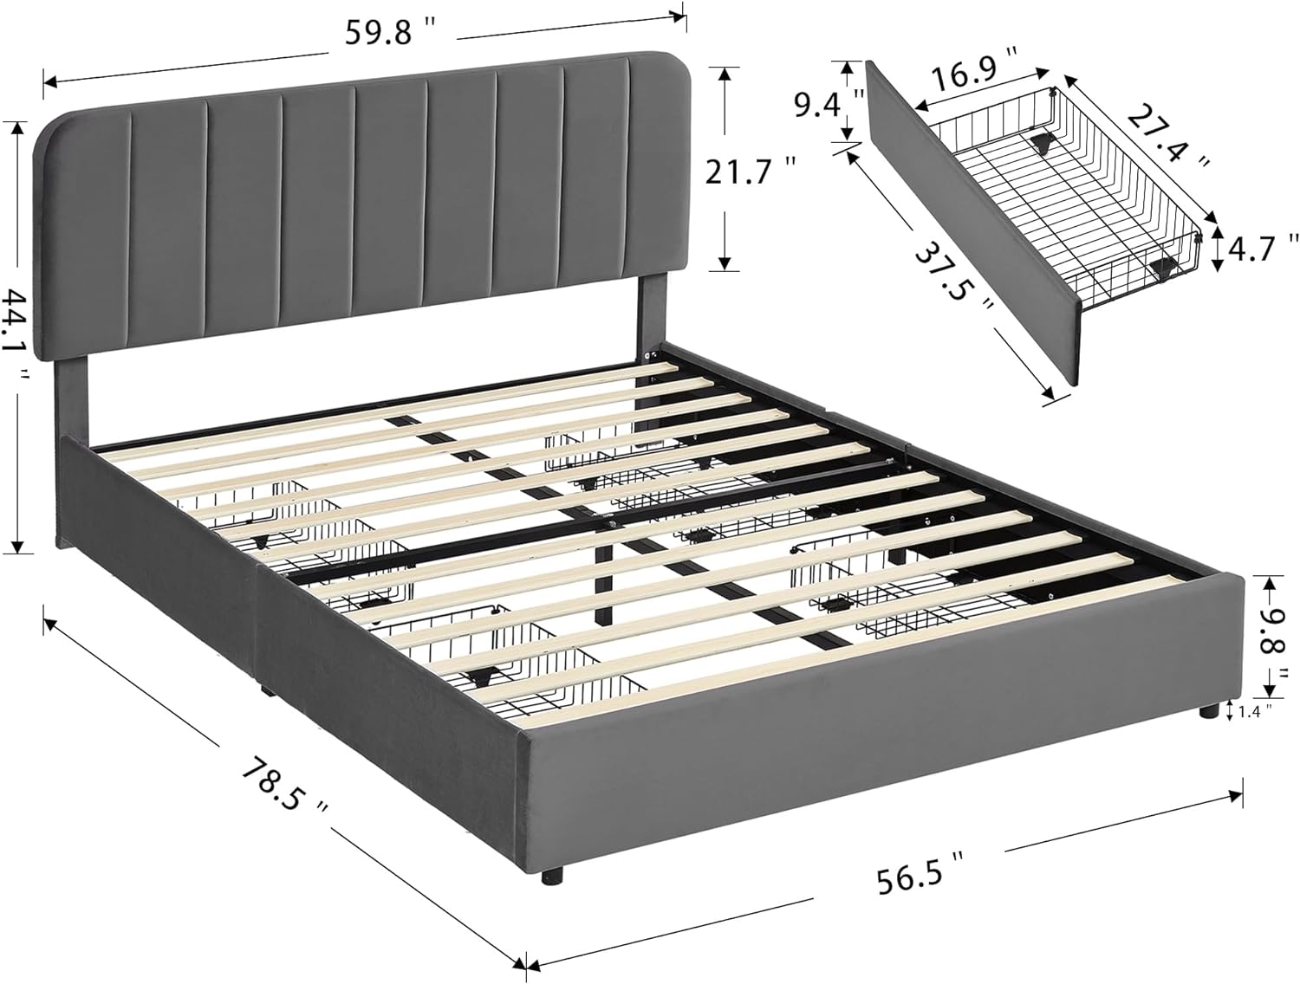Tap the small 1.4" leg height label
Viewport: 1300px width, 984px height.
pos(1254,711)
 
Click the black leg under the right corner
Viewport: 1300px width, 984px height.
pos(1206,714)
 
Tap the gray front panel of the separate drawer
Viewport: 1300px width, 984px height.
pos(971,225)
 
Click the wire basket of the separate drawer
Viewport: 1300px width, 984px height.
pos(1083,191)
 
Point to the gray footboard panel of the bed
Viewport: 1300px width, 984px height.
pos(867,745)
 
